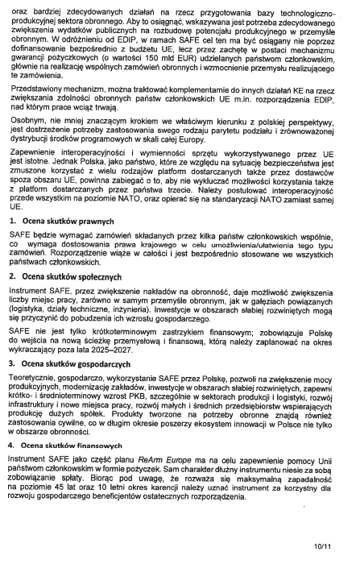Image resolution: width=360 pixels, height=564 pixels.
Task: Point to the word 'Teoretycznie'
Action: pyautogui.click(x=33, y=378)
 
